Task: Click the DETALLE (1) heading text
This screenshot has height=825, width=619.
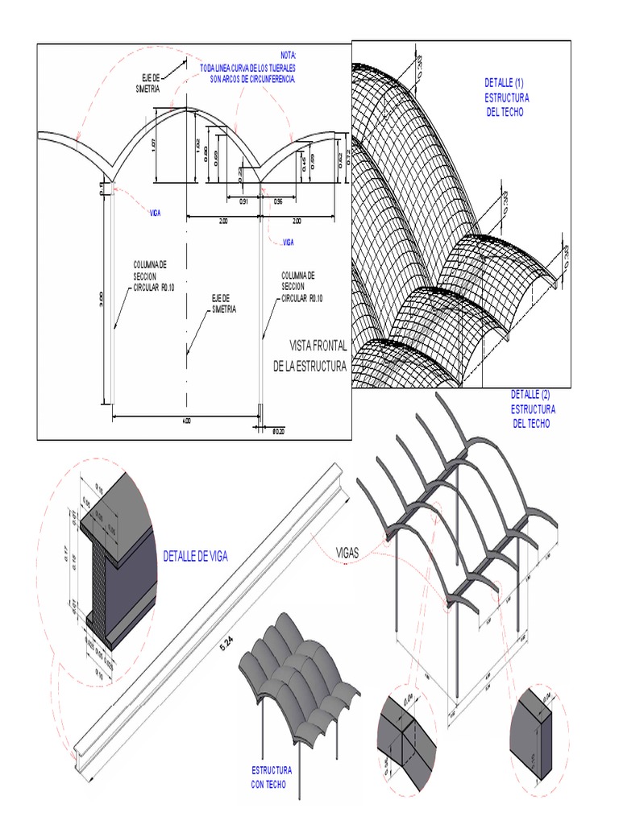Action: click(504, 83)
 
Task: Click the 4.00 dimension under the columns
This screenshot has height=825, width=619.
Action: click(185, 421)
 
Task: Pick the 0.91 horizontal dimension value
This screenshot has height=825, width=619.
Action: click(243, 201)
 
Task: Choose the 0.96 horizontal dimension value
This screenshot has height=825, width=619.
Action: click(278, 201)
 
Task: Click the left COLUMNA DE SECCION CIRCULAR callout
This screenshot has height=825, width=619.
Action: click(150, 275)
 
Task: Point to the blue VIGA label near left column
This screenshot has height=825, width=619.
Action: click(155, 213)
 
